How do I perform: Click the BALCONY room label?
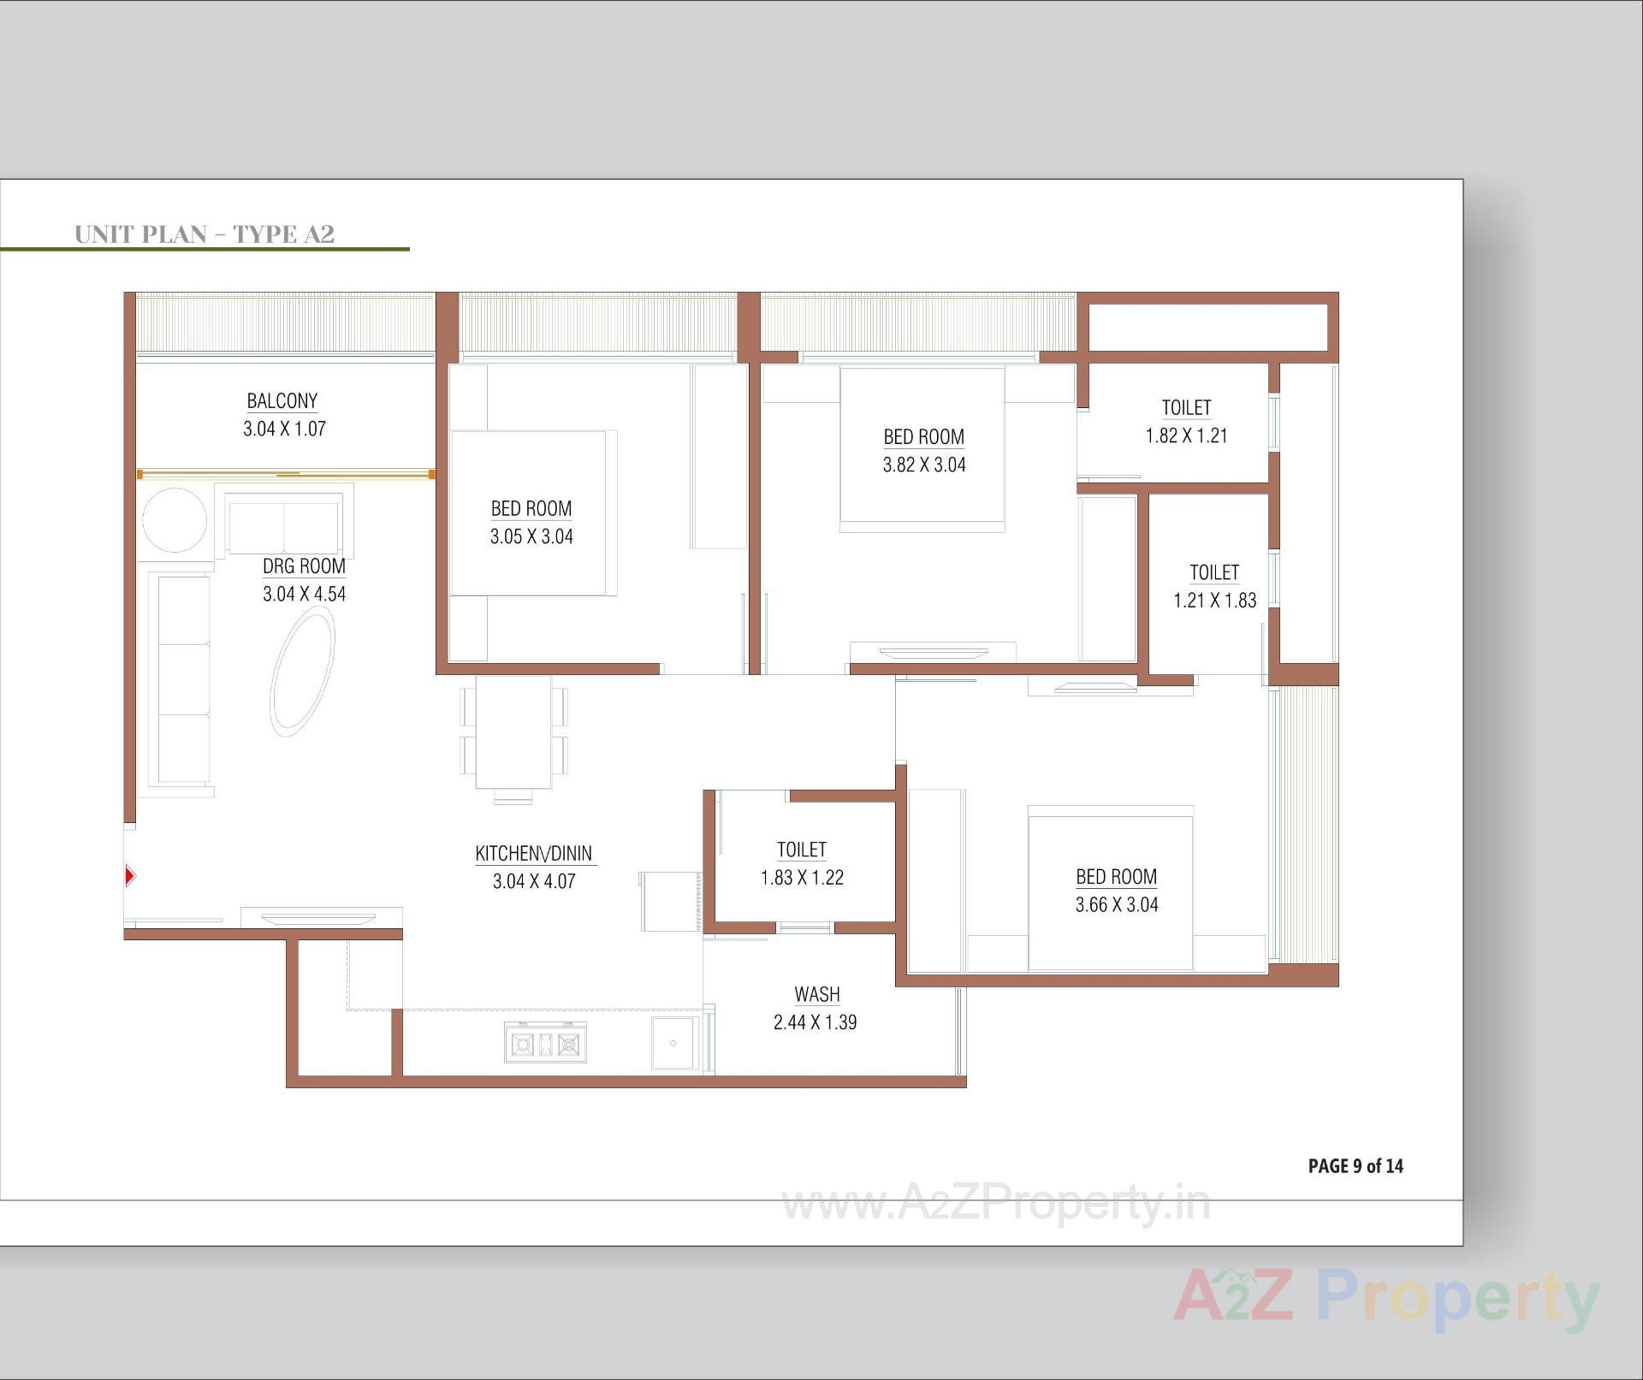282,401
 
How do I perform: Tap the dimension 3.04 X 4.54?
304,594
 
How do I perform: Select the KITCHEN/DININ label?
533,853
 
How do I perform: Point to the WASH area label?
816,994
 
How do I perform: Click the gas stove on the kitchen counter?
545,1044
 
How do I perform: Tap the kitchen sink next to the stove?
673,1043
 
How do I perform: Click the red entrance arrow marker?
130,875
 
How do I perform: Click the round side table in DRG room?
175,520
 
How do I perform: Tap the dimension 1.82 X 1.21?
1186,435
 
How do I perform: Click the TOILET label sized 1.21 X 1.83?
1213,572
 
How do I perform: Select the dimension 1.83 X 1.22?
802,877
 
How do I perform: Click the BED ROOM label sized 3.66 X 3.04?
1116,877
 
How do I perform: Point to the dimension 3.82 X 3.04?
924,465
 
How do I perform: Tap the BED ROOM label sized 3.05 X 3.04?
531,509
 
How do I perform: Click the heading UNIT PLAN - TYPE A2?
205,234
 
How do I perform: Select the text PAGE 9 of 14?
1355,1166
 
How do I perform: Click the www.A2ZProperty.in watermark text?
995,1204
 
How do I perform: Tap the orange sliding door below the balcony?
286,474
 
